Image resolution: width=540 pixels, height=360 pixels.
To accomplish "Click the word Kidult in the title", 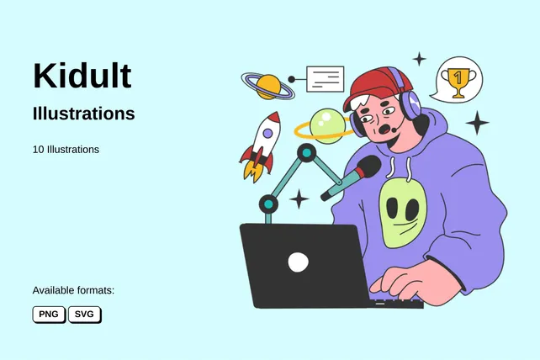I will [82, 76].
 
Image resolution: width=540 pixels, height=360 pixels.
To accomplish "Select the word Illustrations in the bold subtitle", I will [83, 114].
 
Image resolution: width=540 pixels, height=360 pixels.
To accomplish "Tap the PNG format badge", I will [49, 315].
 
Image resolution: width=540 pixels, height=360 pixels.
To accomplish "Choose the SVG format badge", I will [84, 315].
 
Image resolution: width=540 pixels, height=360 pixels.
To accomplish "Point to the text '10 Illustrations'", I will [66, 150].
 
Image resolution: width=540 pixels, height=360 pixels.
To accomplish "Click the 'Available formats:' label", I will [73, 290].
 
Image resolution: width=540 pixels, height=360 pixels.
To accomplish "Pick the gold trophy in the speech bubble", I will [458, 82].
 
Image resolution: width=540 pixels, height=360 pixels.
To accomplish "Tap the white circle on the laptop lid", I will [298, 262].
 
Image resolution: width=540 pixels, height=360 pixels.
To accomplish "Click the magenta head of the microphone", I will [367, 168].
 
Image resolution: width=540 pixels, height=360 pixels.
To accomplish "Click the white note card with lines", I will [326, 79].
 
